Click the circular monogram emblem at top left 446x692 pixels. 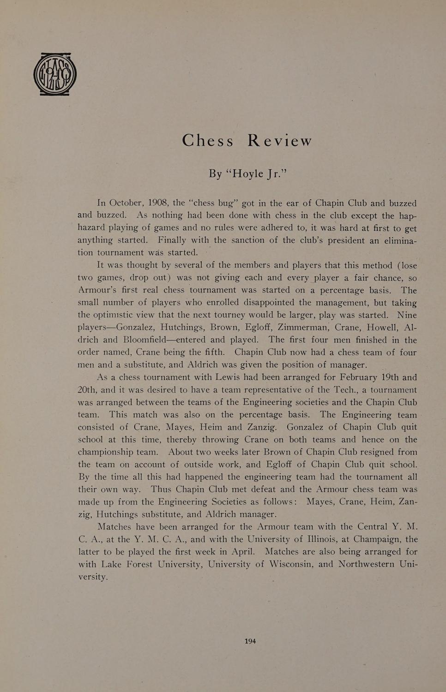click(55, 74)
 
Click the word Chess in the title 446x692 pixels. click(208, 140)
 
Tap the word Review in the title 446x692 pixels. click(280, 140)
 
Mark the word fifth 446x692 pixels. click(214, 352)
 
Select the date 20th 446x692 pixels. click(87, 389)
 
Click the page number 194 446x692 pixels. click(250, 641)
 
